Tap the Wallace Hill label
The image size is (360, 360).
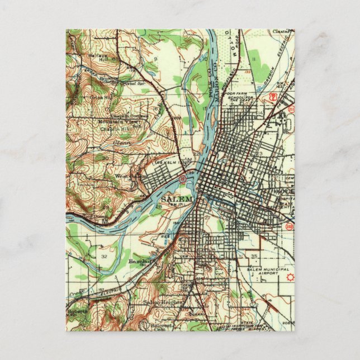(96, 57)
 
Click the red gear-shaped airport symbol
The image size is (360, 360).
(289, 277)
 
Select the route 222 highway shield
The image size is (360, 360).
(289, 226)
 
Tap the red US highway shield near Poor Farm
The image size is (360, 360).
(272, 96)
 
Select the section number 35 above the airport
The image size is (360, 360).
(255, 255)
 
